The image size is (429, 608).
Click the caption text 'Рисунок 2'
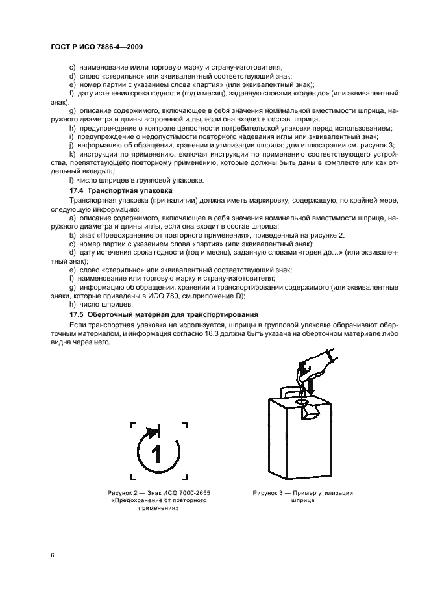[123, 494]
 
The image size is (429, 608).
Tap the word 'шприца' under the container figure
[302, 501]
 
